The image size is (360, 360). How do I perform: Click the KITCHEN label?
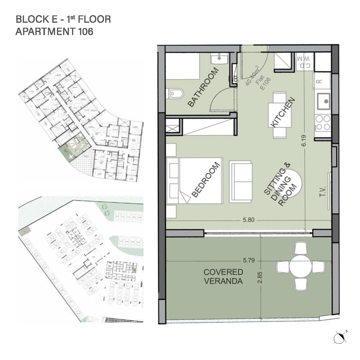point(282,112)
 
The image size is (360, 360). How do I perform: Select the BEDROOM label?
point(206,179)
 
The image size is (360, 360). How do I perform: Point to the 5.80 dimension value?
point(249,220)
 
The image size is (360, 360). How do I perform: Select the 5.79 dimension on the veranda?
point(249,260)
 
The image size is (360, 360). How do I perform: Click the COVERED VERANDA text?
point(223,276)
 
